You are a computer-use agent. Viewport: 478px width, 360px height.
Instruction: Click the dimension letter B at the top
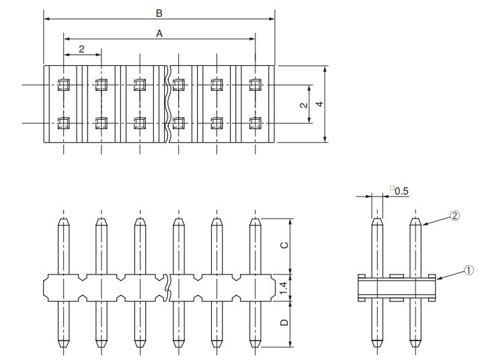[x=159, y=13]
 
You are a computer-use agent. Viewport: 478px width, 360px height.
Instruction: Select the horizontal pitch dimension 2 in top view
[x=81, y=49]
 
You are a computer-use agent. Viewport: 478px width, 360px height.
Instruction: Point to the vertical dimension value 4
[x=319, y=104]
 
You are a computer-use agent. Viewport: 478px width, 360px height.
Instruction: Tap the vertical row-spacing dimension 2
[x=304, y=104]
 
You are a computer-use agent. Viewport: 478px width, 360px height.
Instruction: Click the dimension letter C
[x=284, y=246]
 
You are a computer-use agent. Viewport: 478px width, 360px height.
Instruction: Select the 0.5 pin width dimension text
[x=401, y=191]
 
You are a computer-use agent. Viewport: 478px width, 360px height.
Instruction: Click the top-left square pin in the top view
[x=64, y=85]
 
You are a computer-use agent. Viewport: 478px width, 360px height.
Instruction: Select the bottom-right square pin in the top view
[x=255, y=122]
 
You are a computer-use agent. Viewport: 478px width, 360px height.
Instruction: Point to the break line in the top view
[x=168, y=104]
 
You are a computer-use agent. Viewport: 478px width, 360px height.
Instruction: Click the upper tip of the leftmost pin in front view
[x=63, y=220]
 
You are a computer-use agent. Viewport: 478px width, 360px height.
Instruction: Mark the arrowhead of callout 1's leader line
[x=438, y=277]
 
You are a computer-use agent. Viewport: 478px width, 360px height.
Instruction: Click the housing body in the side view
[x=397, y=288]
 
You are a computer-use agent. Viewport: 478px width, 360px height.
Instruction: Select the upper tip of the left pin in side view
[x=377, y=220]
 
